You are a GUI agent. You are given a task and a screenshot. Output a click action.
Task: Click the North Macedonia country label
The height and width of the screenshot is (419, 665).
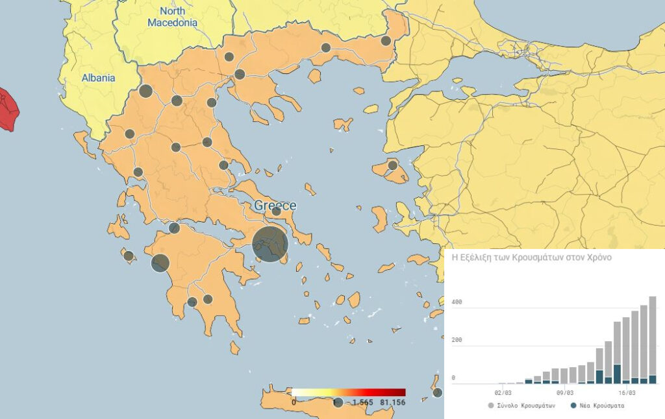pyautogui.click(x=172, y=17)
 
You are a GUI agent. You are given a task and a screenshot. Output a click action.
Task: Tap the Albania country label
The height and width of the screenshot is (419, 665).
pyautogui.click(x=98, y=78)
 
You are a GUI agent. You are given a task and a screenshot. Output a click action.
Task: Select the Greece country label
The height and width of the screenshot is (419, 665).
pyautogui.click(x=275, y=206)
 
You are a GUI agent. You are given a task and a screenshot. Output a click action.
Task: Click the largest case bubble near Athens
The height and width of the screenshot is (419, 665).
pyautogui.click(x=270, y=245)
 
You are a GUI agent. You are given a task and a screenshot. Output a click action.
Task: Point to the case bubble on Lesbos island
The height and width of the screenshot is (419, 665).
pyautogui.click(x=392, y=165)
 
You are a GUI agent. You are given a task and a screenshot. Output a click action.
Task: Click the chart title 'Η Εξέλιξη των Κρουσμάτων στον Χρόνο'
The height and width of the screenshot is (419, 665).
pyautogui.click(x=532, y=257)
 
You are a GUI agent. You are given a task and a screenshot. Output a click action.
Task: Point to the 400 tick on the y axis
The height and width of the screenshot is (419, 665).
pyautogui.click(x=457, y=302)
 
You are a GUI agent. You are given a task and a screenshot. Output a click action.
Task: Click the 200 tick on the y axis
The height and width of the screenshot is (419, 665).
pyautogui.click(x=457, y=340)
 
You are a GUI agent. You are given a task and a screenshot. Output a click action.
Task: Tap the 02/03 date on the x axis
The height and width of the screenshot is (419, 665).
pyautogui.click(x=503, y=393)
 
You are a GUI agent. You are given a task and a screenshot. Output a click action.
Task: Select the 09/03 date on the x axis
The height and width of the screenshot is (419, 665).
pyautogui.click(x=565, y=393)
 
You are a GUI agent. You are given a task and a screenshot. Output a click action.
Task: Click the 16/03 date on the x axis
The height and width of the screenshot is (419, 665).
pyautogui.click(x=626, y=393)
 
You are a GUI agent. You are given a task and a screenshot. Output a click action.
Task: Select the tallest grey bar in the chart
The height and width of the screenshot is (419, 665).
pyautogui.click(x=652, y=337)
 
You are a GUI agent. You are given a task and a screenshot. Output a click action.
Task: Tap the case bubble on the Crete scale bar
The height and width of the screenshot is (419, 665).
pyautogui.click(x=338, y=403)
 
